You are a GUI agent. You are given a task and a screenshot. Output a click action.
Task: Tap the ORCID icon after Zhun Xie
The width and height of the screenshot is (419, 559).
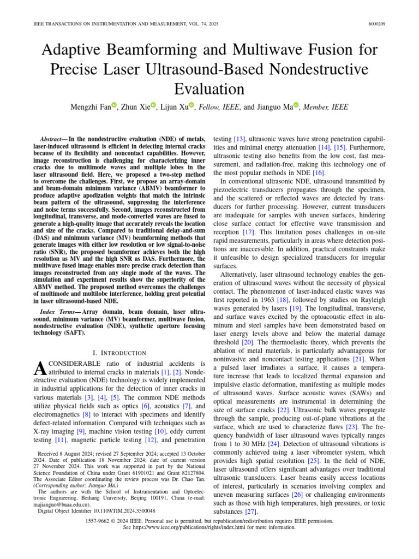pyautogui.click(x=153, y=106)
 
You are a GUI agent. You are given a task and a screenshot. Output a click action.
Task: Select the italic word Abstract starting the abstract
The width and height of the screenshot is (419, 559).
pyautogui.click(x=53, y=140)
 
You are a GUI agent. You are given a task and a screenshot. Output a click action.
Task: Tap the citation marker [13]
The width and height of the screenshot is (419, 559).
pyautogui.click(x=239, y=140)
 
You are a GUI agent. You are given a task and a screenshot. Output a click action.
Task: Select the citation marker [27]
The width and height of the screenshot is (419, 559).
pyautogui.click(x=251, y=512)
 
